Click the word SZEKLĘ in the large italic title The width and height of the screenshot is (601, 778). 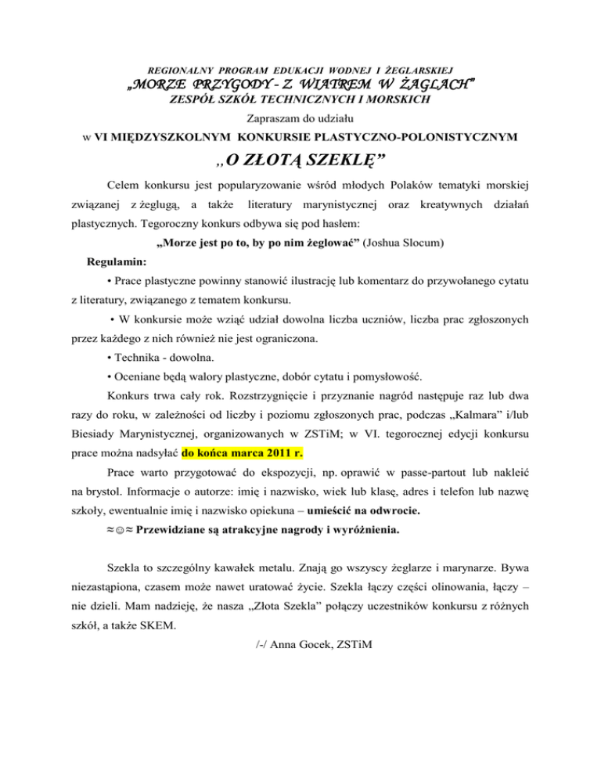[x=344, y=162]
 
